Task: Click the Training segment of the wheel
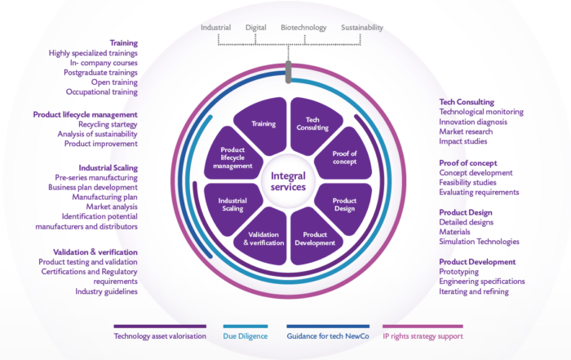point(263,125)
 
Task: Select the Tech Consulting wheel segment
point(311,125)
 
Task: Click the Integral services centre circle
point(286,181)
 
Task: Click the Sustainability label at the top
point(361,28)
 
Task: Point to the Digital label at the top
point(256,28)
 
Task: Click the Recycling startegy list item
point(102,124)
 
